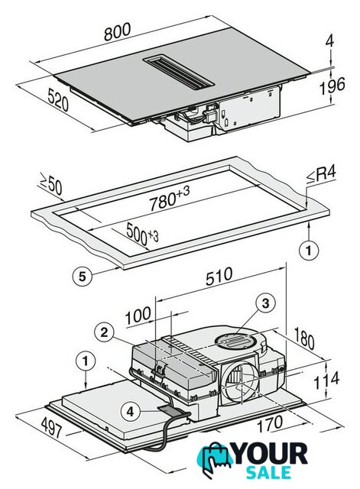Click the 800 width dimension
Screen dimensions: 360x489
pyautogui.click(x=117, y=32)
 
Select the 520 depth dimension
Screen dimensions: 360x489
pyautogui.click(x=58, y=99)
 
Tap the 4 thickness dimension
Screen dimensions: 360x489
pyautogui.click(x=329, y=40)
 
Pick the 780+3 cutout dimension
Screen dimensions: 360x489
pyautogui.click(x=169, y=199)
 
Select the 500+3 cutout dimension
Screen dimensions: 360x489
pyautogui.click(x=142, y=234)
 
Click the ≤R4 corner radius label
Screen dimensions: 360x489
pyautogui.click(x=321, y=175)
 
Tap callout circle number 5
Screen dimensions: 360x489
pyautogui.click(x=82, y=276)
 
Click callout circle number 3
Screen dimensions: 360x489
pyautogui.click(x=265, y=303)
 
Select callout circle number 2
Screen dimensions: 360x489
pyautogui.click(x=104, y=332)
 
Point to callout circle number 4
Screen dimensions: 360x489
pyautogui.click(x=131, y=412)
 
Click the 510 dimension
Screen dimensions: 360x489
pyautogui.click(x=219, y=276)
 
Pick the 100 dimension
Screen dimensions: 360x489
pyautogui.click(x=138, y=316)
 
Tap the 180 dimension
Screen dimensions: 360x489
pyautogui.click(x=304, y=338)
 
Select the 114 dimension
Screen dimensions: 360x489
pyautogui.click(x=326, y=381)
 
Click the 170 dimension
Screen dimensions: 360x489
pyautogui.click(x=270, y=424)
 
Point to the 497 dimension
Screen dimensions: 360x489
pyautogui.click(x=52, y=426)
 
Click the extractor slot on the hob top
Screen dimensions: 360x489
pyautogui.click(x=178, y=73)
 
